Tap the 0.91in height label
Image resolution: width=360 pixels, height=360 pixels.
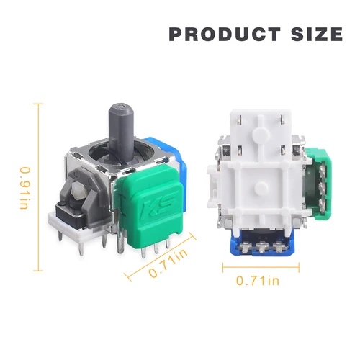point(24,189)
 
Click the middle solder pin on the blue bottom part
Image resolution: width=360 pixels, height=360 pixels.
point(262,247)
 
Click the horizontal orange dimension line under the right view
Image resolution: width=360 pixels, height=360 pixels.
point(257,268)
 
